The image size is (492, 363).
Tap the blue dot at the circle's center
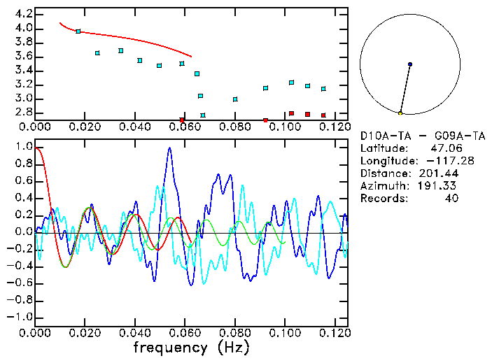pos(409,64)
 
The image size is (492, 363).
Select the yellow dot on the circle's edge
pos(400,113)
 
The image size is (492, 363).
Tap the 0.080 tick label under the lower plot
pos(235,333)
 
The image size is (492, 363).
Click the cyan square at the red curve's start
pos(78,31)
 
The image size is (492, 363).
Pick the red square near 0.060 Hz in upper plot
pos(182,120)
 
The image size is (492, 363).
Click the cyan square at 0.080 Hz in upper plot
pos(235,99)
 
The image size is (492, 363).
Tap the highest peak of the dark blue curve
pos(169,148)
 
